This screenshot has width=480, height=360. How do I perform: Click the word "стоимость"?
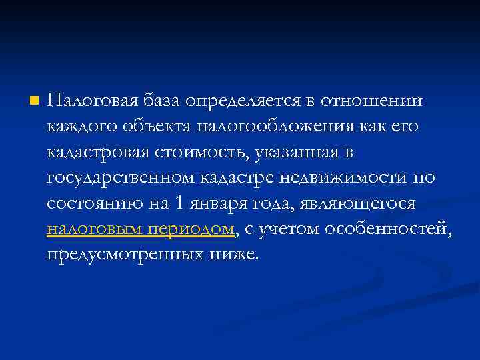point(201,153)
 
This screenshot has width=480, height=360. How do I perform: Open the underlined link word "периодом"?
point(199,229)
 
